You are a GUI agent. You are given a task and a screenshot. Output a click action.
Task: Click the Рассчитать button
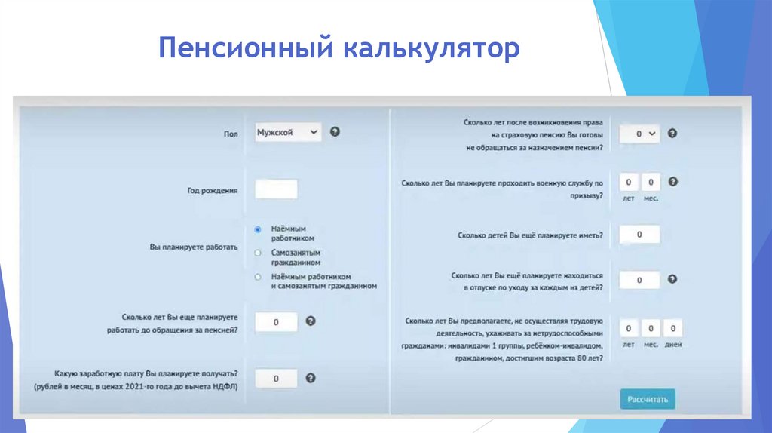tap(648, 399)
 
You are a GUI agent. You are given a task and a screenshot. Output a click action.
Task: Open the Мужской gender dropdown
tap(287, 132)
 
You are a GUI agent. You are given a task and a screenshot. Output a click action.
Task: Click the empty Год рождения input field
tap(276, 189)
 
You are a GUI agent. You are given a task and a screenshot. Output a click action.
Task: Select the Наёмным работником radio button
tap(258, 229)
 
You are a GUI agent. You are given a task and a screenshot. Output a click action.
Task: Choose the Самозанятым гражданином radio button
tap(258, 253)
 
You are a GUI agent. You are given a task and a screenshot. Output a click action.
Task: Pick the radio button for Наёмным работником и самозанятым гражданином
tap(258, 277)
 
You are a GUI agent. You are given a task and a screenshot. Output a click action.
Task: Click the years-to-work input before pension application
tap(276, 322)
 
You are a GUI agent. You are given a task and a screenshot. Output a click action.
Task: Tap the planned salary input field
tap(276, 378)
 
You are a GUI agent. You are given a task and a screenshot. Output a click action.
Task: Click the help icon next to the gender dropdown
tap(335, 131)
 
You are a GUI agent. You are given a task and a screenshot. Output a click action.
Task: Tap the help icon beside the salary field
tap(310, 378)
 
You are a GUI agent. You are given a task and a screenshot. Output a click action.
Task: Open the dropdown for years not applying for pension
tap(639, 134)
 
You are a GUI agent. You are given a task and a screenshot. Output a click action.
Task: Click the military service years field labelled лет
tap(629, 182)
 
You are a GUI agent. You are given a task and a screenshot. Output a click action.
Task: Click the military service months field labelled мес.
tap(651, 182)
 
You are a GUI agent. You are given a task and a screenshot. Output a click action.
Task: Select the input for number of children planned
tap(639, 235)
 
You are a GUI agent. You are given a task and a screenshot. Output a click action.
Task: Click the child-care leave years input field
tap(639, 280)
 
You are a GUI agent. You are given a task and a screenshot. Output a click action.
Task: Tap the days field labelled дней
tap(672, 328)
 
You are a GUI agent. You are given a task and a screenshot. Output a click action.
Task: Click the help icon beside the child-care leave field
tap(672, 278)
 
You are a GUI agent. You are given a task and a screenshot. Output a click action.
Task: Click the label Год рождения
tap(213, 191)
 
